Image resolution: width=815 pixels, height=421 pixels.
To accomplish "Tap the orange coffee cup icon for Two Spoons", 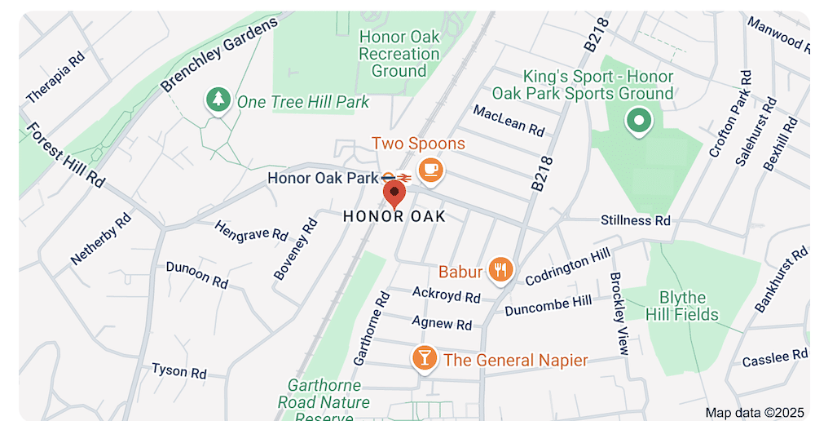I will (x=430, y=170).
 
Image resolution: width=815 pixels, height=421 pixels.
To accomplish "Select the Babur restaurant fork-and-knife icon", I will (x=500, y=271).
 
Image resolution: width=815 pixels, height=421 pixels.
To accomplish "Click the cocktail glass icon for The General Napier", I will (x=424, y=358).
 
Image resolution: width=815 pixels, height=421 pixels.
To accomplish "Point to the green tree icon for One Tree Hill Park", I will (x=217, y=100).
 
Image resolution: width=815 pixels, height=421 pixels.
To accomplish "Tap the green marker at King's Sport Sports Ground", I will (x=639, y=122).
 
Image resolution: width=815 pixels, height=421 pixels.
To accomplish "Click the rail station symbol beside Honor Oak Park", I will (x=397, y=177).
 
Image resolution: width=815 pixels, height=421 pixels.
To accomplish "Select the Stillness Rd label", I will (x=636, y=220).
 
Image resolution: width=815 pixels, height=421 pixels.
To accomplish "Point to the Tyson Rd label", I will (x=179, y=371).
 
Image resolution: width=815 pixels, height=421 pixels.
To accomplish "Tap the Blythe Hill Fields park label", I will (x=682, y=306).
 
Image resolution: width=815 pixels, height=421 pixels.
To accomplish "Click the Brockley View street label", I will (x=619, y=313).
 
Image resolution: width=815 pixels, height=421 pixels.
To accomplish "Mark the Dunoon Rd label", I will (x=197, y=275).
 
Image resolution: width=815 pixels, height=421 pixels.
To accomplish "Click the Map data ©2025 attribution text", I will (x=754, y=412).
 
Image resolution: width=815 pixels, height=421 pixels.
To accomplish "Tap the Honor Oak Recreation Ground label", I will (x=399, y=54).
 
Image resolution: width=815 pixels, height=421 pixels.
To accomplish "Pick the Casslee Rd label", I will (x=775, y=358).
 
